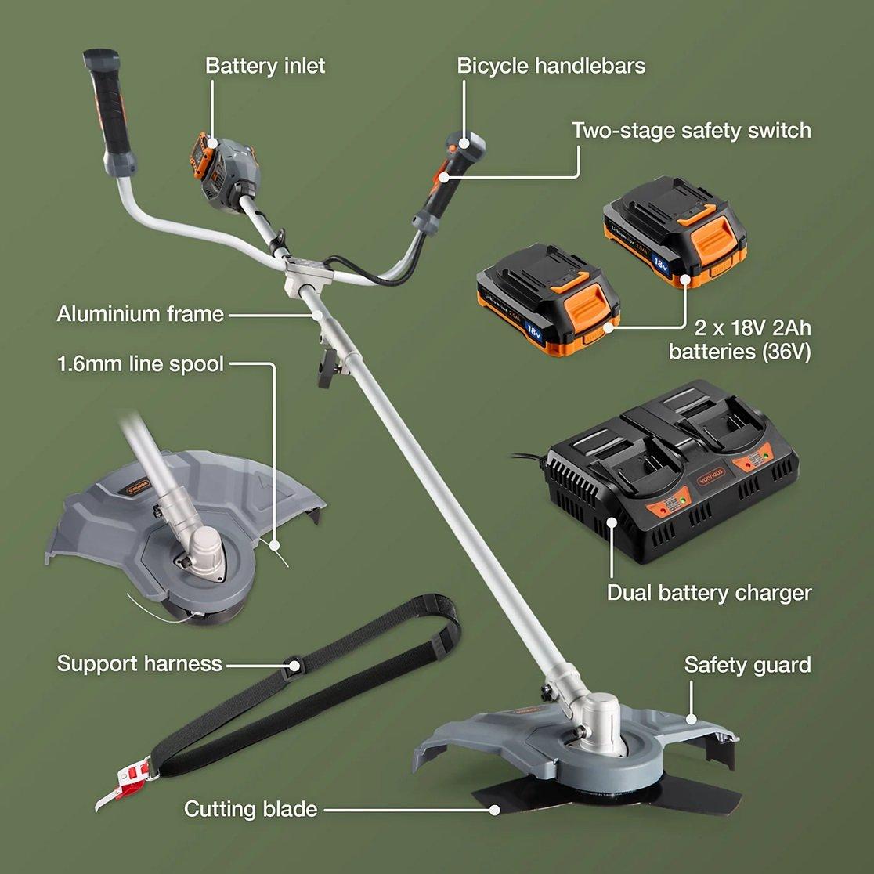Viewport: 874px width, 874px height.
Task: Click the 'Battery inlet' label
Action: click(265, 66)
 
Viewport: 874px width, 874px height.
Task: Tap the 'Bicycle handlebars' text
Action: click(551, 66)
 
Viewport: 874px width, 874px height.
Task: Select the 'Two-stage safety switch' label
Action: click(691, 130)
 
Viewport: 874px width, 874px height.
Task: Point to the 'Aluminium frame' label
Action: click(140, 314)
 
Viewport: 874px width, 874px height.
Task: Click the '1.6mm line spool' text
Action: click(140, 364)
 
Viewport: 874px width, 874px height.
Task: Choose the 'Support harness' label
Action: click(139, 664)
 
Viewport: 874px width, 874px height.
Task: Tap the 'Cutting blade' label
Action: click(251, 808)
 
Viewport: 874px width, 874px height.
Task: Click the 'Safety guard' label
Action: click(747, 665)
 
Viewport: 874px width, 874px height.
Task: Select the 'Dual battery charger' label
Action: click(709, 592)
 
